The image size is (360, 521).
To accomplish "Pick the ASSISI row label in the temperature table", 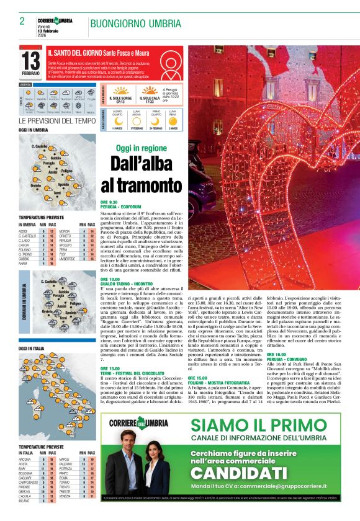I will tap(25, 231).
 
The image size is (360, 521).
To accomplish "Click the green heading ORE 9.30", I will tap(109, 202).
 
